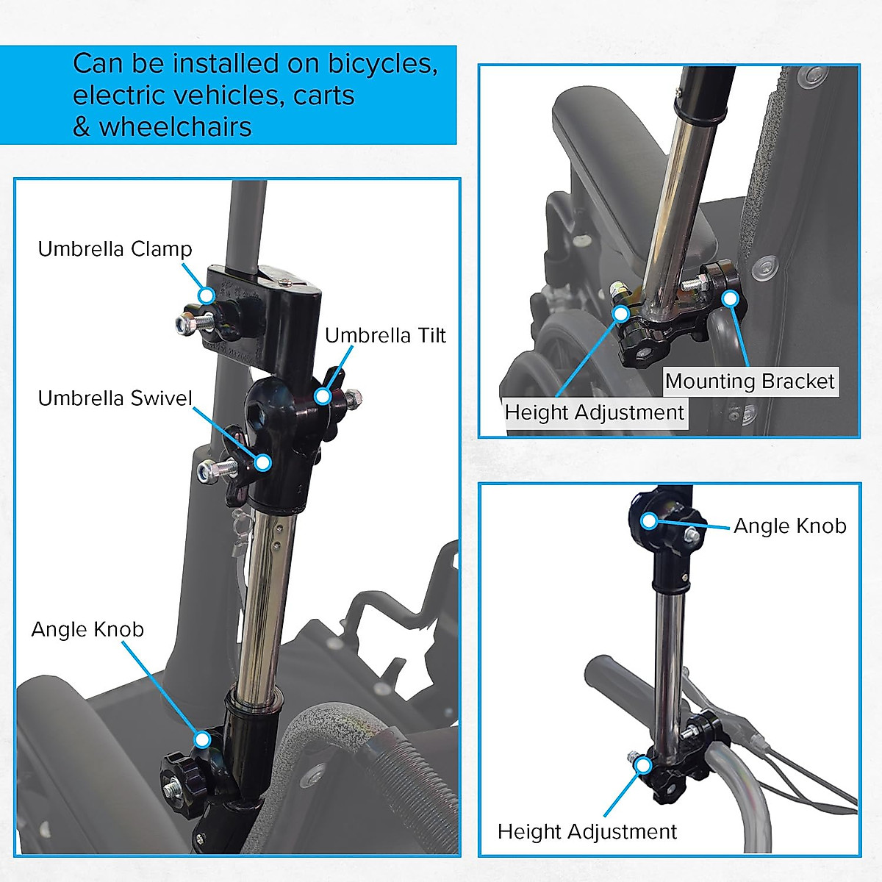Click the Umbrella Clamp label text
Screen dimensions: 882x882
(115, 248)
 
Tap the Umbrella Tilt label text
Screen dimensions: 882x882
(385, 335)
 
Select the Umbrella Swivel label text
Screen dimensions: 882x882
(115, 398)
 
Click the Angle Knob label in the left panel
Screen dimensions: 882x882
(87, 629)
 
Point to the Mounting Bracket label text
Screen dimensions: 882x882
(750, 381)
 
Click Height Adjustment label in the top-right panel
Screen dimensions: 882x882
(594, 412)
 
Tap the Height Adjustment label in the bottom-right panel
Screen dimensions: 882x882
(587, 831)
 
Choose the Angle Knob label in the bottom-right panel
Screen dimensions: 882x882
(789, 526)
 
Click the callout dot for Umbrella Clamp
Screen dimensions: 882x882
(207, 295)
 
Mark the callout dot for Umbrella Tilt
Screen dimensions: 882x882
(322, 396)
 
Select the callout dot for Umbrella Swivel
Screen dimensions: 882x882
(263, 462)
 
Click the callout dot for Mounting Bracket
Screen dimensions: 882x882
(730, 298)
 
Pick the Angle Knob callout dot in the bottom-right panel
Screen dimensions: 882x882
(648, 520)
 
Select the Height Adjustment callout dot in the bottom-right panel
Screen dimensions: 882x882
(645, 764)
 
